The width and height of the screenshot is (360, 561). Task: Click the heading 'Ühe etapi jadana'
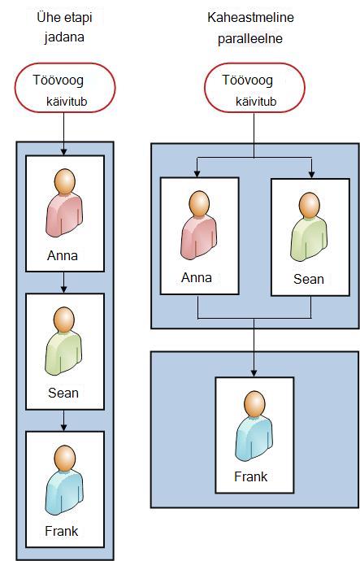(65, 27)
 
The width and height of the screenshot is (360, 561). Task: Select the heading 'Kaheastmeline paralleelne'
(250, 28)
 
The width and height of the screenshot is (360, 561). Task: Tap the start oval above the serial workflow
(65, 88)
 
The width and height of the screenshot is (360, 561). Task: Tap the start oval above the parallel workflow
(254, 88)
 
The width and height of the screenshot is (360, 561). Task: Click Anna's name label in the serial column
(63, 255)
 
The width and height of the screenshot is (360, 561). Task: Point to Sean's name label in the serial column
(63, 393)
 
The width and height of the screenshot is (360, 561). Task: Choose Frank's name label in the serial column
(62, 531)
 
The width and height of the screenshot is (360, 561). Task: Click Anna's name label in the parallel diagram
(197, 277)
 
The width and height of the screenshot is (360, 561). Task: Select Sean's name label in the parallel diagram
(309, 279)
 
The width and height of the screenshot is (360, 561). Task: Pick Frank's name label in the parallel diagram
(250, 476)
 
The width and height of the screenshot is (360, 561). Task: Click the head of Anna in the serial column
(65, 181)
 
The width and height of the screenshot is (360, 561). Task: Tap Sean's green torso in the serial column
(63, 354)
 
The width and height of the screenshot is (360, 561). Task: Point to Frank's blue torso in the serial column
(64, 492)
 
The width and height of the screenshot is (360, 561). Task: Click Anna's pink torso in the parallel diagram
(199, 237)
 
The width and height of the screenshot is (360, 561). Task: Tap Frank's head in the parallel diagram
(254, 403)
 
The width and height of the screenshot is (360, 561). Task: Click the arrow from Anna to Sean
(64, 282)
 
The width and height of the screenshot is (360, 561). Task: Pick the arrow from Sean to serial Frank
(64, 420)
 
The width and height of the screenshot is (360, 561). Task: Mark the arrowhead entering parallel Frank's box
(254, 373)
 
